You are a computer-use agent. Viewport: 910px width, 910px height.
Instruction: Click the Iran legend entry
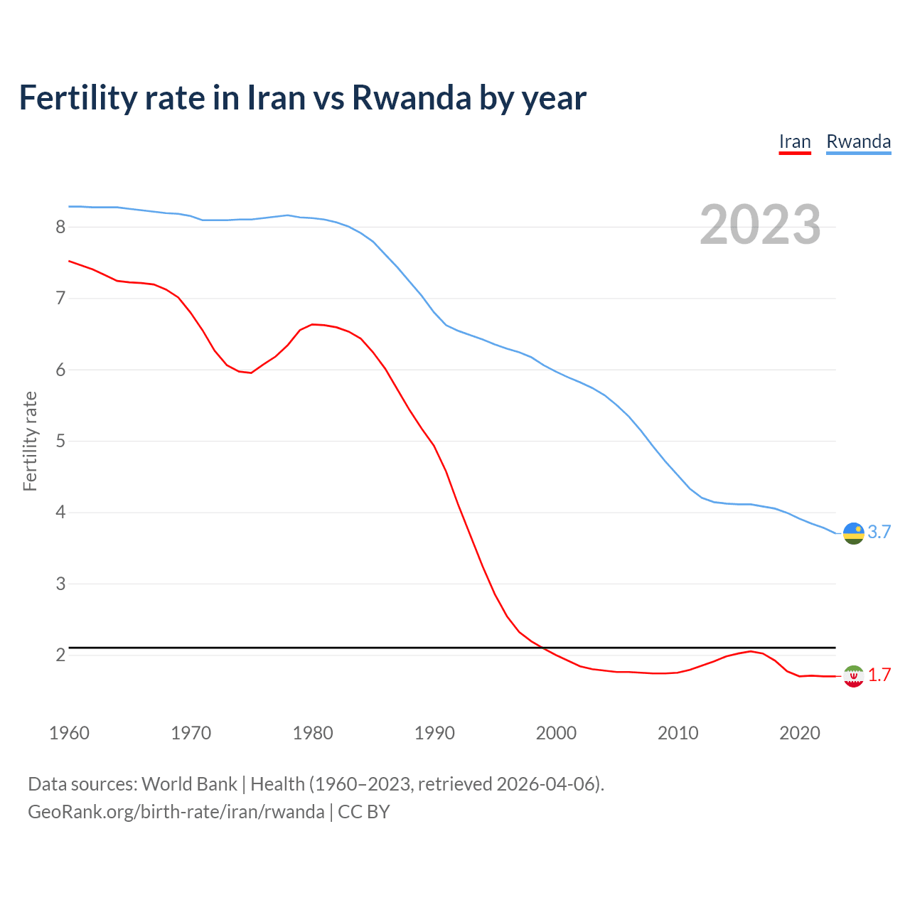click(795, 141)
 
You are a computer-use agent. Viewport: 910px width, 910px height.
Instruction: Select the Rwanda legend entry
click(858, 141)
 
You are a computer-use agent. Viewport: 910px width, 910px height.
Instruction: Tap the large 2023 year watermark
click(760, 225)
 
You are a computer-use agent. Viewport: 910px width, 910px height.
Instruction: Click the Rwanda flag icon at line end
click(853, 532)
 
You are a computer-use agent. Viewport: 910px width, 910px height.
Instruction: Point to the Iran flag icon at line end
click(853, 675)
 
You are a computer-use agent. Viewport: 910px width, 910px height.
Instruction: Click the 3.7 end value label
click(879, 532)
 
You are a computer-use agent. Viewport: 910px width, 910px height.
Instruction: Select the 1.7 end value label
click(879, 675)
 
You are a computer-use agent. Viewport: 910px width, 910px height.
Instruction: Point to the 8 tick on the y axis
click(60, 227)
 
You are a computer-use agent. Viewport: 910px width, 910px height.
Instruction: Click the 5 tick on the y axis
click(60, 441)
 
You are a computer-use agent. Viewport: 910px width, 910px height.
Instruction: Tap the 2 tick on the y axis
click(60, 655)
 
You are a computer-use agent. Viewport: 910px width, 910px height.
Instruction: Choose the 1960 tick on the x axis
click(69, 733)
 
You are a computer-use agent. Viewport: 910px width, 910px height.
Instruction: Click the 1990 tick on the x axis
click(434, 733)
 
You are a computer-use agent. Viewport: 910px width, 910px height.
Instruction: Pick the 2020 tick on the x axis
click(800, 733)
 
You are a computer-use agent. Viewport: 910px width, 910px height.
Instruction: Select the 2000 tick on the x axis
click(556, 733)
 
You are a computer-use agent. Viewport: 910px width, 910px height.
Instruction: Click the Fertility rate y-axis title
click(30, 441)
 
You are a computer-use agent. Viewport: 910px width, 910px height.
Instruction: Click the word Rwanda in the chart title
click(412, 97)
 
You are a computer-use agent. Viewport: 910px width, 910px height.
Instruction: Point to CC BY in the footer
click(363, 812)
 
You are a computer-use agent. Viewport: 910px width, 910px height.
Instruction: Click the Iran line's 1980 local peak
click(313, 324)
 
